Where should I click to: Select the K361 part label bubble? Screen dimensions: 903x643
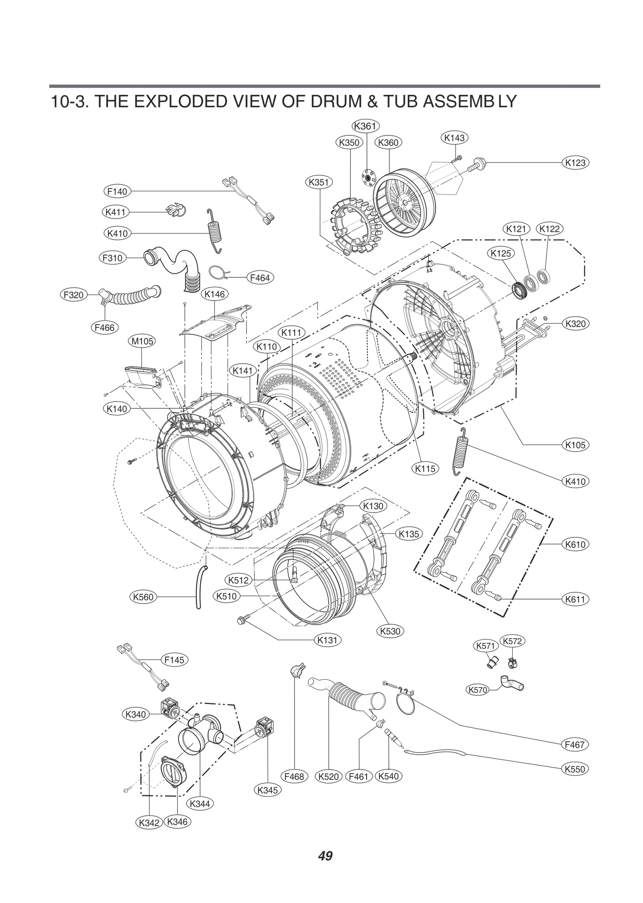point(365,126)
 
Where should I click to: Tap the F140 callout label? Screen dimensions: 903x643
point(117,192)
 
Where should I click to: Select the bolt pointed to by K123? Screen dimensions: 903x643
point(477,164)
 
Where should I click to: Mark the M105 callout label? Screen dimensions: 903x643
point(142,342)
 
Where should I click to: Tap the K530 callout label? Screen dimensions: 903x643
point(390,631)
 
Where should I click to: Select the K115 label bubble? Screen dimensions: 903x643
point(425,468)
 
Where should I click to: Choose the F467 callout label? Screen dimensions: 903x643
point(574,744)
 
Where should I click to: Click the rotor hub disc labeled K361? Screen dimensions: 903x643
point(367,176)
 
